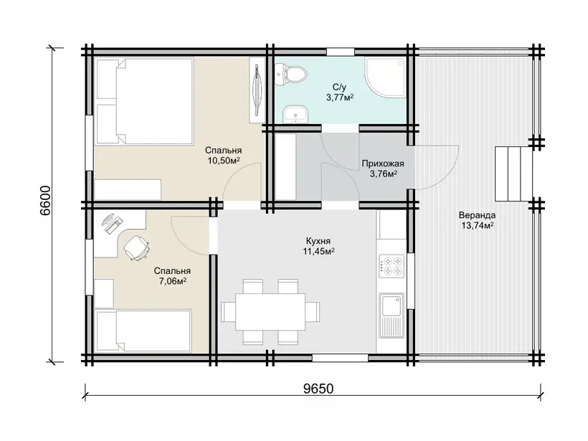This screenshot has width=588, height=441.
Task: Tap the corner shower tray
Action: [387, 78]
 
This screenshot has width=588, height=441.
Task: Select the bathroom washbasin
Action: [295, 114]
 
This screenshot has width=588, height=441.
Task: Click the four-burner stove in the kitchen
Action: [392, 266]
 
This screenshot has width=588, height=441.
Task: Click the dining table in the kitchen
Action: [270, 312]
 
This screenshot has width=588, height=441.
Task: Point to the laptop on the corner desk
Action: [112, 224]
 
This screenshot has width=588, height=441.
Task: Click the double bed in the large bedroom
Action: [145, 101]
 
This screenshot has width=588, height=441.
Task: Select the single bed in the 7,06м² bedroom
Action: [144, 331]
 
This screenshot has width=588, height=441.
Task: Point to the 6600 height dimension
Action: [45, 200]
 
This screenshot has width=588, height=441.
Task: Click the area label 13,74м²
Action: [477, 225]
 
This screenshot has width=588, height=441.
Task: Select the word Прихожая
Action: [383, 163]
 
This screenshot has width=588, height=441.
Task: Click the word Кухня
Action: [318, 241]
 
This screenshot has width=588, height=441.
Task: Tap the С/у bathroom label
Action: [339, 87]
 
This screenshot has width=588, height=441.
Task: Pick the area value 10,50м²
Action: [224, 161]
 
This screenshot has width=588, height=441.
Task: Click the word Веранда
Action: [477, 215]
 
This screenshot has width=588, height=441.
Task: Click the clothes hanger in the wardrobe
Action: [257, 90]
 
